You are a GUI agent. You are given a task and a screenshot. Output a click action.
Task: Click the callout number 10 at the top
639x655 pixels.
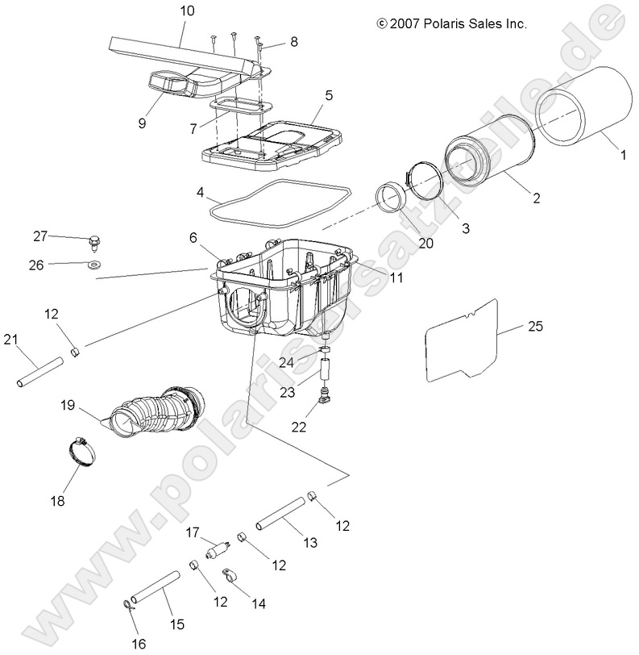187,11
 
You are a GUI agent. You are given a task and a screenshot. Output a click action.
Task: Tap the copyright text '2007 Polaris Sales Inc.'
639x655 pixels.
459,24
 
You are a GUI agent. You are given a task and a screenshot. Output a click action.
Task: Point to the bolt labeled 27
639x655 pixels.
94,240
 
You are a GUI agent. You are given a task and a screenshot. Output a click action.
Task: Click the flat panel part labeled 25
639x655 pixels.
459,339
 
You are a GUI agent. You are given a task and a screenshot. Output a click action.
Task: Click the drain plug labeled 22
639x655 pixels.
326,396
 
